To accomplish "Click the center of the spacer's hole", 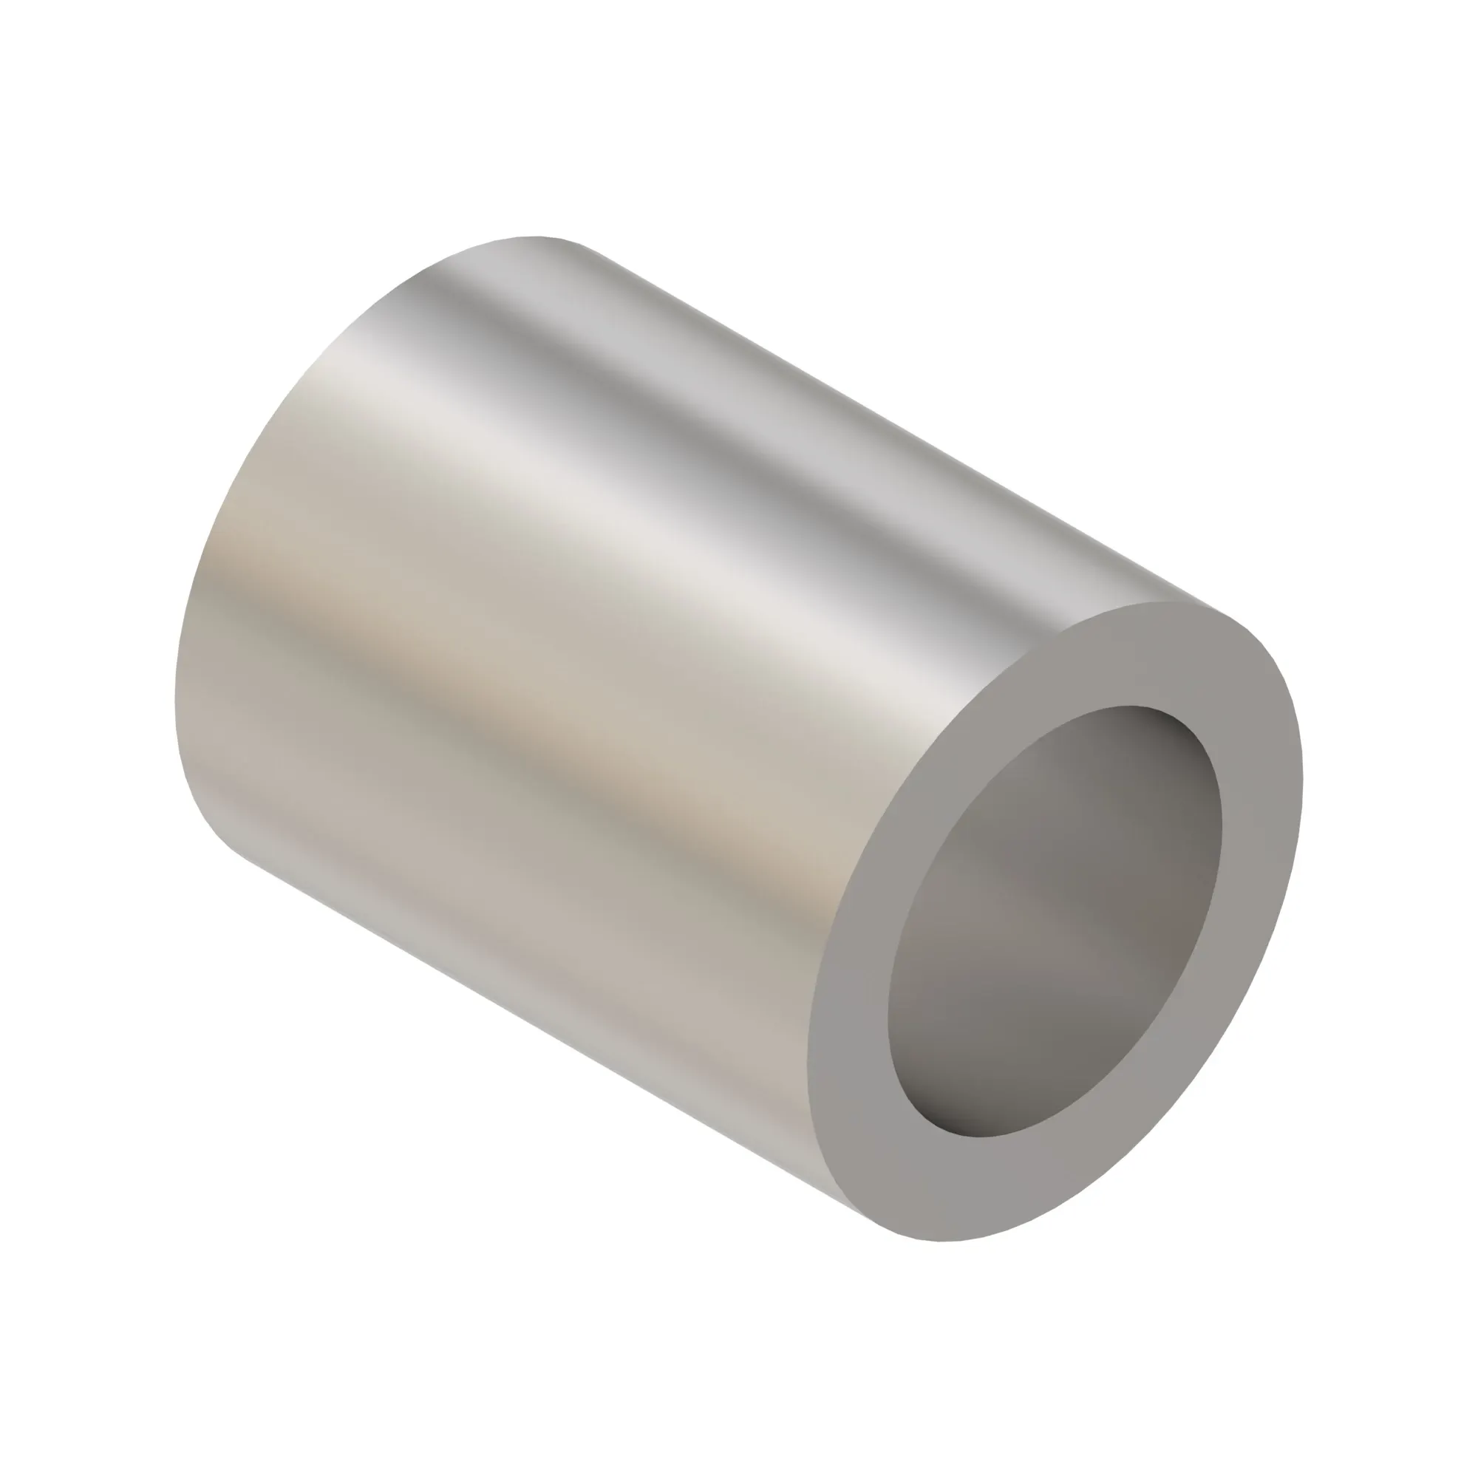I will (x=1055, y=921).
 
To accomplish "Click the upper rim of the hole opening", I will (x=1132, y=705).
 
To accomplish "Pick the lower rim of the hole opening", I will (x=979, y=1137).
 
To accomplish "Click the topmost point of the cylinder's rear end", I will (x=536, y=236).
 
